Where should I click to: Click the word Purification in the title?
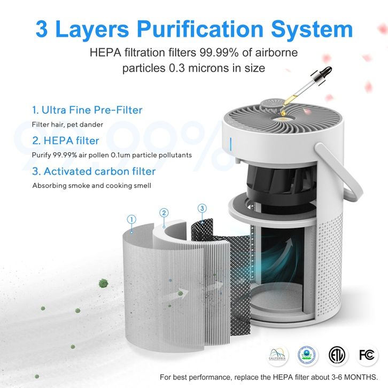200,30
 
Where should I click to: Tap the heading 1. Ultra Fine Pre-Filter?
87,110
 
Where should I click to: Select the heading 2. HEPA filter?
66,141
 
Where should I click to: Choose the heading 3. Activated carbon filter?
94,171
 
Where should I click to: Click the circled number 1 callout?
131,219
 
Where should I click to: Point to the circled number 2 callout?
164,213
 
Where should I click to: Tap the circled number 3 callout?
202,208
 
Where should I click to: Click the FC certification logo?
367,355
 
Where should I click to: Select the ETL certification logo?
337,355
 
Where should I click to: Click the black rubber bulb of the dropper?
325,72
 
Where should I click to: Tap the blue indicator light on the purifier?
231,144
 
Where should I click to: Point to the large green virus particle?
104,283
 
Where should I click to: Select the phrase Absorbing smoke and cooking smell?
92,185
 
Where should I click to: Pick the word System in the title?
312,30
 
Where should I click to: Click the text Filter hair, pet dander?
67,125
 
